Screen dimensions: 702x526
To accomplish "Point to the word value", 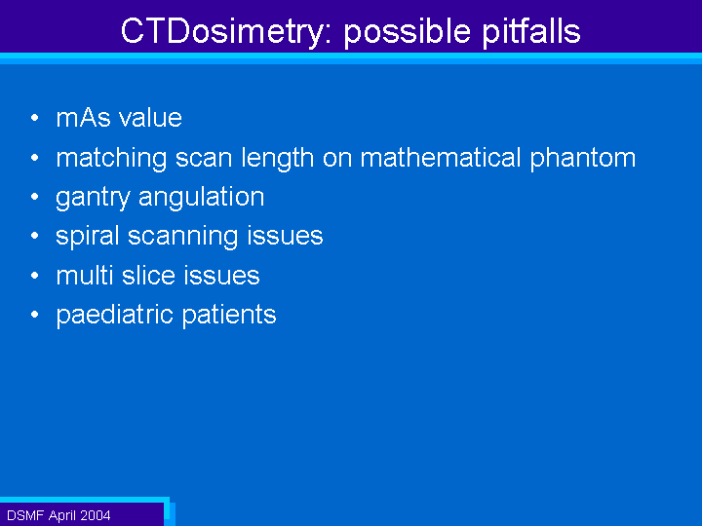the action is coord(150,118).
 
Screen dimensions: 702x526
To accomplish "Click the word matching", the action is coord(111,159).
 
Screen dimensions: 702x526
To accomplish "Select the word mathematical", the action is coord(441,158).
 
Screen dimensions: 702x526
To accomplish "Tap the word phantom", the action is coord(583,159).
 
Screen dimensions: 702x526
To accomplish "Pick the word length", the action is coord(277,159).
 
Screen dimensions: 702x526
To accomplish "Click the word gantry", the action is coord(93,198).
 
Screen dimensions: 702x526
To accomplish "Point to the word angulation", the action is coord(202,198).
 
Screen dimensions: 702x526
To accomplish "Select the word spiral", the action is coord(88,237).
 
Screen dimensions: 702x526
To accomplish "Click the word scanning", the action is coord(182,237).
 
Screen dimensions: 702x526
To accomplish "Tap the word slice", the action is coord(148,275).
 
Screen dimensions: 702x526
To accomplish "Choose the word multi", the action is coord(85,275).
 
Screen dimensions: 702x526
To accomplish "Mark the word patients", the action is coord(229,316).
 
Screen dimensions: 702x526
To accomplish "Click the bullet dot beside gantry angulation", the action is coord(35,197).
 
